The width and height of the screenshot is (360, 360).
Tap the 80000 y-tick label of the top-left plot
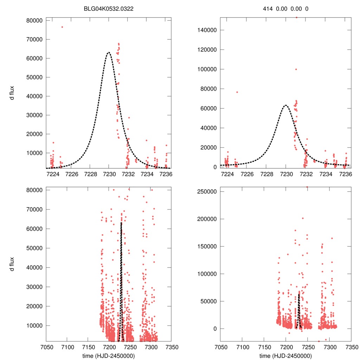pyautogui.click(x=34, y=20)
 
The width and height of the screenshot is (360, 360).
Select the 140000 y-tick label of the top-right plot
pyautogui.click(x=207, y=30)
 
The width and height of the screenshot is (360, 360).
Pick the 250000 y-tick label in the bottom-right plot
pyautogui.click(x=207, y=192)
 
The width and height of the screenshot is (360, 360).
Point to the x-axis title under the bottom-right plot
pyautogui.click(x=286, y=355)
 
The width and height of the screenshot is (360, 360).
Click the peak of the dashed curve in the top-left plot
pyautogui.click(x=109, y=53)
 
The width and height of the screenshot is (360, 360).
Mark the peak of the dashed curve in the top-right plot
pyautogui.click(x=286, y=105)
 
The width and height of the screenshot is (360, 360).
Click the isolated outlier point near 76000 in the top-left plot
pyautogui.click(x=62, y=27)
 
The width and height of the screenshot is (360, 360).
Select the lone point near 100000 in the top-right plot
pyautogui.click(x=296, y=69)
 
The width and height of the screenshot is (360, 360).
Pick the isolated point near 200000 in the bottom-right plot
pyautogui.click(x=303, y=218)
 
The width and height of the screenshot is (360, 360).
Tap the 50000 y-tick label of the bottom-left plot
pyautogui.click(x=34, y=248)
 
